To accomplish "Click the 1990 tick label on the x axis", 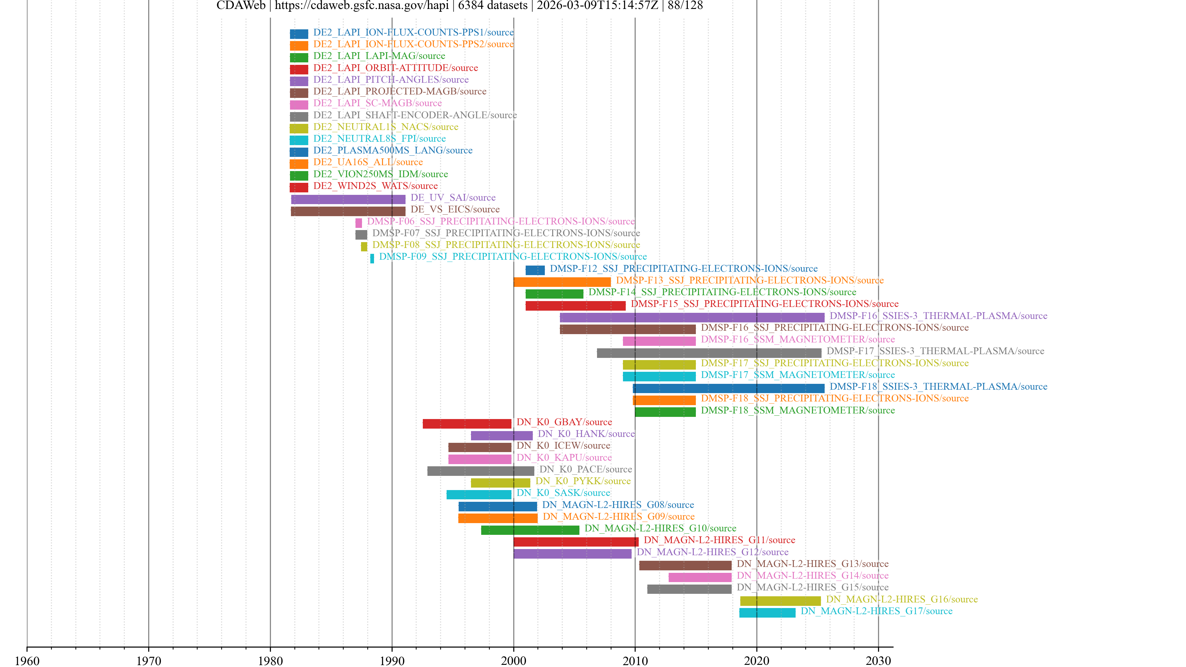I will pyautogui.click(x=392, y=661).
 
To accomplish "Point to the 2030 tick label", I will pyautogui.click(x=878, y=661).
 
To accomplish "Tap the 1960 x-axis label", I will pyautogui.click(x=27, y=661).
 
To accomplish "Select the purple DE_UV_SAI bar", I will pyautogui.click(x=348, y=199).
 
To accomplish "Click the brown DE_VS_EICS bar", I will pyautogui.click(x=348, y=211).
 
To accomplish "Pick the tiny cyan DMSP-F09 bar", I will pyautogui.click(x=372, y=258).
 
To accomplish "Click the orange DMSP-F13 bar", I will pyautogui.click(x=562, y=282).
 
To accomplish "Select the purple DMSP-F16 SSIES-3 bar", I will pyautogui.click(x=692, y=317).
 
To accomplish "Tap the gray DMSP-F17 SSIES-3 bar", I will pyautogui.click(x=709, y=353).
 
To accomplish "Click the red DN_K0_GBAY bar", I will pyautogui.click(x=467, y=423).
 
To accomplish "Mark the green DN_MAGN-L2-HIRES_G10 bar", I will pyautogui.click(x=530, y=530).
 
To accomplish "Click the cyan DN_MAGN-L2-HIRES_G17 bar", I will pyautogui.click(x=767, y=613).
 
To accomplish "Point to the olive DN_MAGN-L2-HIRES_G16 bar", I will pyautogui.click(x=780, y=601).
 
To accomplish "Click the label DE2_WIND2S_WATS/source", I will pyautogui.click(x=375, y=186).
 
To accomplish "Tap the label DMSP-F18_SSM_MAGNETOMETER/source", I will pyautogui.click(x=797, y=410).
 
